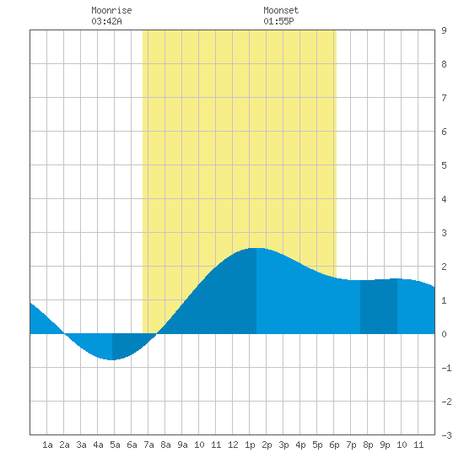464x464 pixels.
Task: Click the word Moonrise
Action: tap(111, 10)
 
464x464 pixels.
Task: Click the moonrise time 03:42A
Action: tap(106, 21)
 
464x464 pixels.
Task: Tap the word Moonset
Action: tap(281, 10)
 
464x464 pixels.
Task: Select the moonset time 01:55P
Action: tap(278, 21)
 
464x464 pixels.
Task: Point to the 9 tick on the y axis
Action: tap(444, 30)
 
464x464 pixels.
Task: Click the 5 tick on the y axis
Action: tap(444, 165)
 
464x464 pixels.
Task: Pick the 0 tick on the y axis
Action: tap(444, 334)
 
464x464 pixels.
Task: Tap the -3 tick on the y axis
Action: tap(446, 435)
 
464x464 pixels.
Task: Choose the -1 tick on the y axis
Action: tap(446, 368)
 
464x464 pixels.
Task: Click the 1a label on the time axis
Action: tap(47, 445)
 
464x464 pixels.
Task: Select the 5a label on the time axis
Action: tap(115, 445)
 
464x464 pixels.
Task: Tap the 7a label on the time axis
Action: tap(148, 445)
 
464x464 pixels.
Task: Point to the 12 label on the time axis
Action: tap(233, 445)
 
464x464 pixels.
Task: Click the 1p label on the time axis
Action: tap(250, 445)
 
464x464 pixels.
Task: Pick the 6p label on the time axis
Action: tap(334, 445)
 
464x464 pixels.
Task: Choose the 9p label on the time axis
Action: tap(385, 445)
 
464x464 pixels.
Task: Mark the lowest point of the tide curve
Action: tap(112, 360)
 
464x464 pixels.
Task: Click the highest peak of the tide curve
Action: tap(256, 248)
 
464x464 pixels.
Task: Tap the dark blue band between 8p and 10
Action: tap(379, 306)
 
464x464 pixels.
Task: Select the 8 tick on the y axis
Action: tap(444, 64)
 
